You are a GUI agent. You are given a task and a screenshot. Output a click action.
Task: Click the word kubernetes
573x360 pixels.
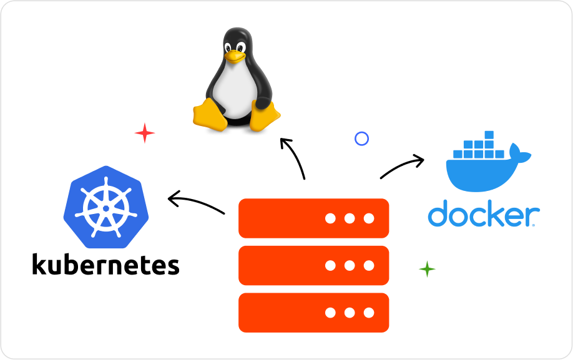click(x=105, y=265)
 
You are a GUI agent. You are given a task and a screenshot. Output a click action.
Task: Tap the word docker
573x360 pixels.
click(x=483, y=213)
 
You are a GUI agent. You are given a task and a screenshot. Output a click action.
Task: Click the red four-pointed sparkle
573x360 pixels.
click(x=145, y=133)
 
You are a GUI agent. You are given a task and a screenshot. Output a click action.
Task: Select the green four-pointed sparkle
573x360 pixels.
click(x=427, y=269)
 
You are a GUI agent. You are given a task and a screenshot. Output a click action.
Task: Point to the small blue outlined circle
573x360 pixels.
click(x=361, y=139)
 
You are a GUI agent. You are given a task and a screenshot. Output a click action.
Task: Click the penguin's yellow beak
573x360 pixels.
click(x=235, y=56)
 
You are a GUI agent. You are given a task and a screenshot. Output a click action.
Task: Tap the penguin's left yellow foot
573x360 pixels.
click(x=210, y=115)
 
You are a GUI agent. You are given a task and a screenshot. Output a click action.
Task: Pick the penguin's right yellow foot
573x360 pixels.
click(x=265, y=117)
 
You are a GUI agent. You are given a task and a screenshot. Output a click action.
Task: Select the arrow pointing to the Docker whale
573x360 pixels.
click(x=403, y=166)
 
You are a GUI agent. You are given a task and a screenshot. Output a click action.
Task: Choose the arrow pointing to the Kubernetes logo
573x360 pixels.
click(x=195, y=202)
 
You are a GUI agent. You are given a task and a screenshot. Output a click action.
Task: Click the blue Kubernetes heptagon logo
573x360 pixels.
click(x=105, y=203)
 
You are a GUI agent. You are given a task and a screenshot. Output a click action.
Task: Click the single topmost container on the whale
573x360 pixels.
click(x=489, y=135)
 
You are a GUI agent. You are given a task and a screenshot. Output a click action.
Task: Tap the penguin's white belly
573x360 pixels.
click(x=235, y=90)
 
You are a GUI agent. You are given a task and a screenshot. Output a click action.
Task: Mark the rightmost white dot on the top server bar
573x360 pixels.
click(x=369, y=218)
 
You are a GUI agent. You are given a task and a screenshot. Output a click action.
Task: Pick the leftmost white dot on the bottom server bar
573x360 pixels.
click(x=330, y=313)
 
